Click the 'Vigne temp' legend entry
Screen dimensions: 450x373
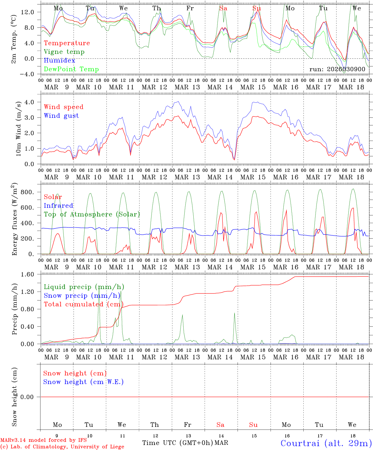(x=64, y=52)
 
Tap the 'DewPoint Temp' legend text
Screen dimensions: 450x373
(x=71, y=69)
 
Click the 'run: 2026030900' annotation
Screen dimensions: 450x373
(x=337, y=69)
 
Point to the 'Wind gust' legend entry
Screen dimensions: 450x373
(x=61, y=116)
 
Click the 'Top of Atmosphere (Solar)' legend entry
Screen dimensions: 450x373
(x=92, y=214)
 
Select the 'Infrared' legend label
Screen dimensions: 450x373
(x=58, y=206)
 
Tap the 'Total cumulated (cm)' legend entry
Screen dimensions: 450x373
(x=83, y=304)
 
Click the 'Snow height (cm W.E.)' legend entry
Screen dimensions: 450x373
(x=83, y=382)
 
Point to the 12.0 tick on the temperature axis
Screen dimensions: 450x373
(x=32, y=12)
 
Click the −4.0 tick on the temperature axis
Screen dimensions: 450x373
(x=30, y=74)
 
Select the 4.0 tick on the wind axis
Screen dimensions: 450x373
(x=33, y=102)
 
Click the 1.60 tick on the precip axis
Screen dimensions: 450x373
(x=31, y=274)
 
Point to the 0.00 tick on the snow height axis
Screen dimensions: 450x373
(x=31, y=397)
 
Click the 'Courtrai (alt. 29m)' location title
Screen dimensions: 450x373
(x=326, y=443)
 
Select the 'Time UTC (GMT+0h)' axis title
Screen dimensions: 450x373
(x=177, y=443)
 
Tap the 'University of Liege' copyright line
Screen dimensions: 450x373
(x=62, y=447)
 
